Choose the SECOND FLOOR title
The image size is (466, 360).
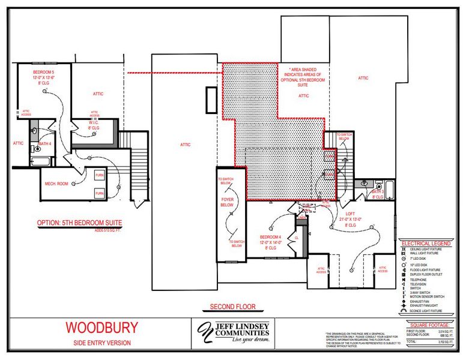[232, 307]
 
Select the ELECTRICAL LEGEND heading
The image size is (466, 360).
[425, 244]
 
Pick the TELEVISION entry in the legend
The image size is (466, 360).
[419, 284]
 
